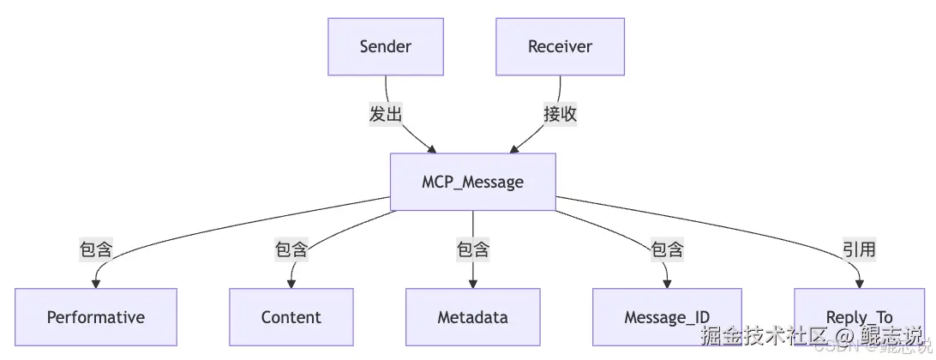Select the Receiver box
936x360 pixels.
[x=560, y=46]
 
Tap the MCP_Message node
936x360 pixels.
[x=472, y=182]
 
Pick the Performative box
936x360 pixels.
[x=96, y=317]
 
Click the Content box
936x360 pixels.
[x=291, y=317]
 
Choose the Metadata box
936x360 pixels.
[x=472, y=317]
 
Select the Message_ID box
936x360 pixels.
[x=666, y=317]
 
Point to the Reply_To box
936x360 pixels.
[x=859, y=317]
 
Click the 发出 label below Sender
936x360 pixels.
[x=386, y=114]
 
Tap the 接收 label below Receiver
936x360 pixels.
[x=561, y=114]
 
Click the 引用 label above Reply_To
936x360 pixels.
[x=859, y=249]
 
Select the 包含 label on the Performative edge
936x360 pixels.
[x=96, y=249]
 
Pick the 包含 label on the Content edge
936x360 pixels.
[x=291, y=249]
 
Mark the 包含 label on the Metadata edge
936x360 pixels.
[x=472, y=249]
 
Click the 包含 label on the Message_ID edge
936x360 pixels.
[x=667, y=249]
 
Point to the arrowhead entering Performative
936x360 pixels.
[x=96, y=283]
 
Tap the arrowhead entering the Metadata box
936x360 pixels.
[x=472, y=283]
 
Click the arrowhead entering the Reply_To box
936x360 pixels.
[x=859, y=283]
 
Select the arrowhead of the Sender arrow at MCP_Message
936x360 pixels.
[x=431, y=148]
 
